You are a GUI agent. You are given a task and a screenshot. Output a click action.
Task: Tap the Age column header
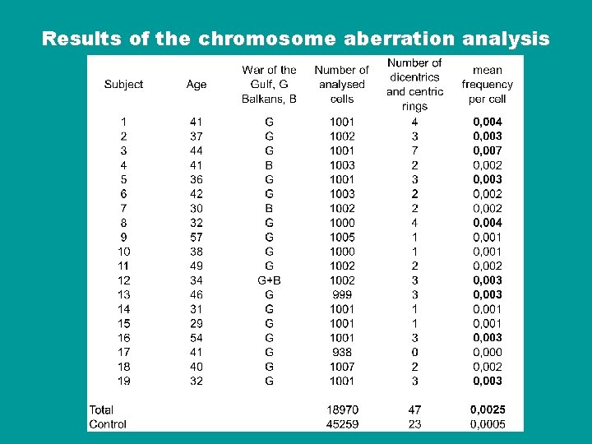[197, 84]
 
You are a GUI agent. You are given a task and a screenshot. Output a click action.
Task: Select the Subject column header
[123, 84]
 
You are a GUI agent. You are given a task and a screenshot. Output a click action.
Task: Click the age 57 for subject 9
[197, 237]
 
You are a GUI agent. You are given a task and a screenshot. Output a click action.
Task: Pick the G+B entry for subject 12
[269, 280]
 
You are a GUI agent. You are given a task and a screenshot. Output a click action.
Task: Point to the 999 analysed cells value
[342, 294]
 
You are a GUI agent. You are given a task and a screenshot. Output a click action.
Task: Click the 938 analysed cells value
[342, 352]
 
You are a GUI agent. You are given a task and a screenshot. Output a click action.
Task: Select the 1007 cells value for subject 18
[342, 367]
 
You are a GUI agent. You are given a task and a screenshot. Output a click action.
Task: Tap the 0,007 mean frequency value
[488, 150]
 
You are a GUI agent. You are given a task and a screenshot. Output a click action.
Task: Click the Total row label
[101, 409]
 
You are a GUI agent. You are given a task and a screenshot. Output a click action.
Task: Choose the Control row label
[108, 424]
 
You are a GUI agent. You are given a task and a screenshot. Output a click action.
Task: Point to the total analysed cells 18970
[342, 409]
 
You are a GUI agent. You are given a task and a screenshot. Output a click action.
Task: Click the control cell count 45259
[342, 424]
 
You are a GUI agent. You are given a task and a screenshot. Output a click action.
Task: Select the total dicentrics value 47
[414, 409]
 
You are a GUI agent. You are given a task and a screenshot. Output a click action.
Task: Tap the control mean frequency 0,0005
[488, 424]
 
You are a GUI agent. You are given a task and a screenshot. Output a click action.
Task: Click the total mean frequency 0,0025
[488, 409]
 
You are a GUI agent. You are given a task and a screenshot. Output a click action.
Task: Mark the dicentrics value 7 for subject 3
[414, 150]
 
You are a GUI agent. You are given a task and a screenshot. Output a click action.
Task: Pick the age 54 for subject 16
[197, 338]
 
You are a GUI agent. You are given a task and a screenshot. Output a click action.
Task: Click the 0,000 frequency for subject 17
[488, 352]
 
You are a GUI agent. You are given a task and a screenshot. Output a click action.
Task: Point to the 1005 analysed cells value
[342, 237]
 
